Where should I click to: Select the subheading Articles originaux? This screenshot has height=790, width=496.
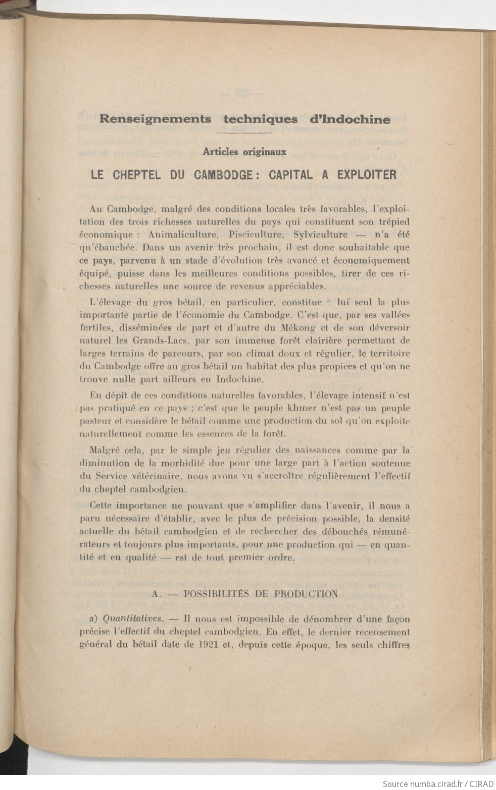click(244, 151)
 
